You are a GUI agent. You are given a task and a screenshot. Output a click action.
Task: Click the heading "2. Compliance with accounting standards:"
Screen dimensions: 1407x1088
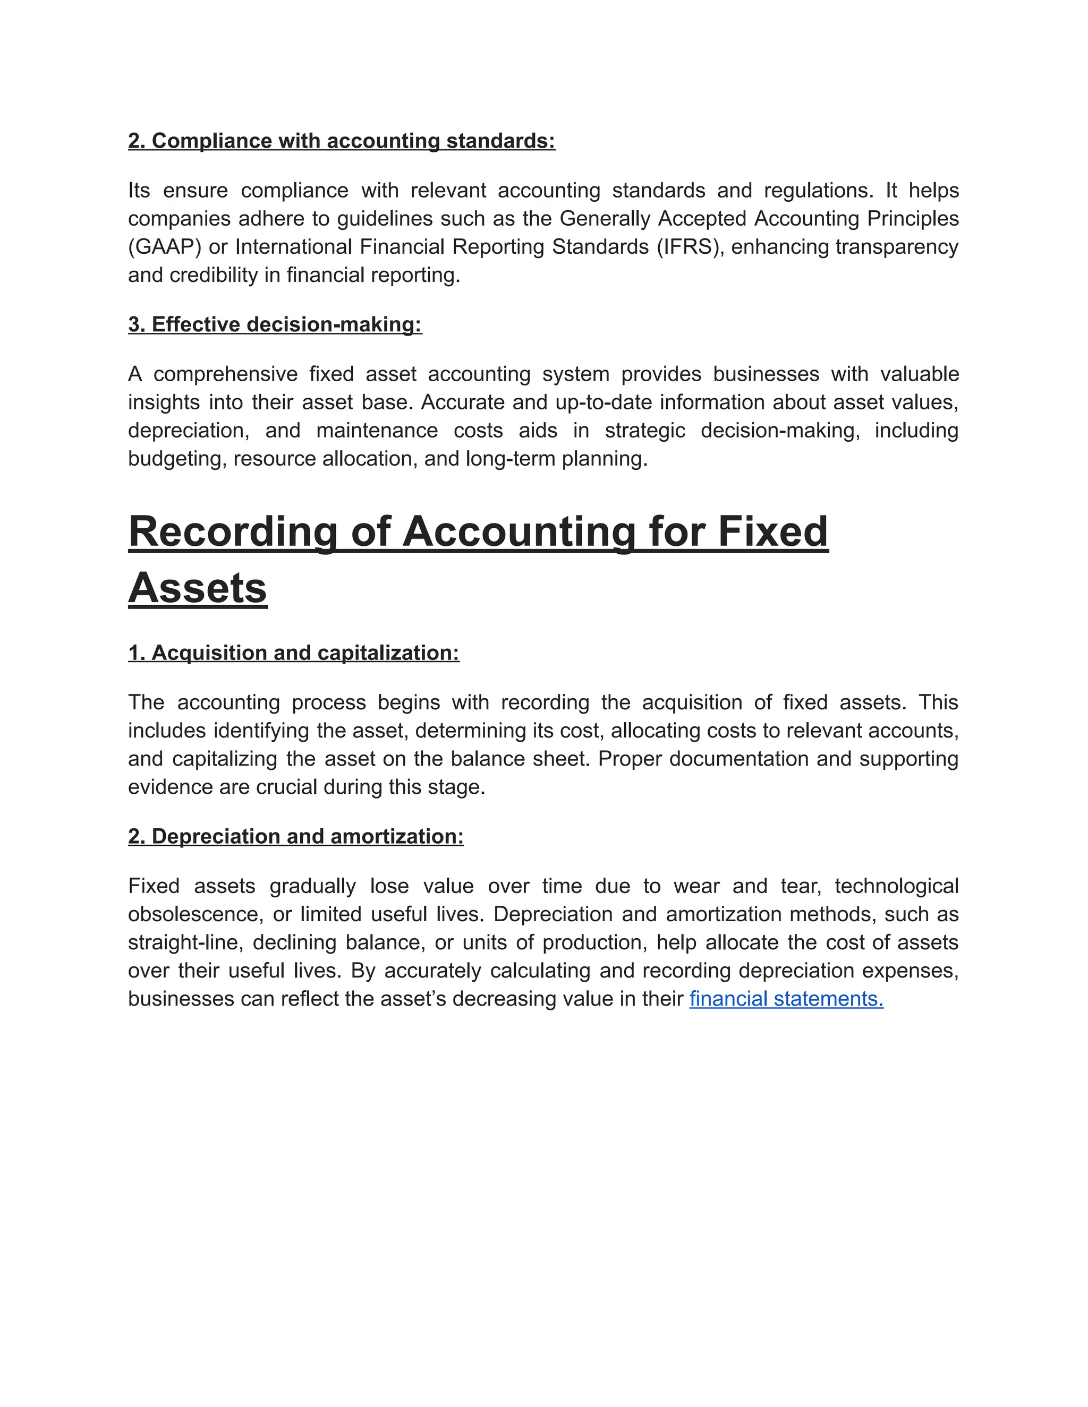(x=341, y=141)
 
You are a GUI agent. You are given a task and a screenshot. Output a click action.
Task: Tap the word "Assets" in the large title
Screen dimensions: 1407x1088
(x=197, y=588)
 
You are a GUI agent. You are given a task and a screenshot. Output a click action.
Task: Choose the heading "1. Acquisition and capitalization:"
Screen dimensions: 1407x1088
(x=293, y=653)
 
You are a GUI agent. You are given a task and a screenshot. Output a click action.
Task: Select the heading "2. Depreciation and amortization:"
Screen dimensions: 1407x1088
(x=295, y=837)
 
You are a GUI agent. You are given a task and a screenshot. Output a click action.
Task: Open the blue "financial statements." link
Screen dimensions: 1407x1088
(x=786, y=999)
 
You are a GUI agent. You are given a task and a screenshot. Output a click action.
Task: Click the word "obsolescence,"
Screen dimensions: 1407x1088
(x=193, y=915)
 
